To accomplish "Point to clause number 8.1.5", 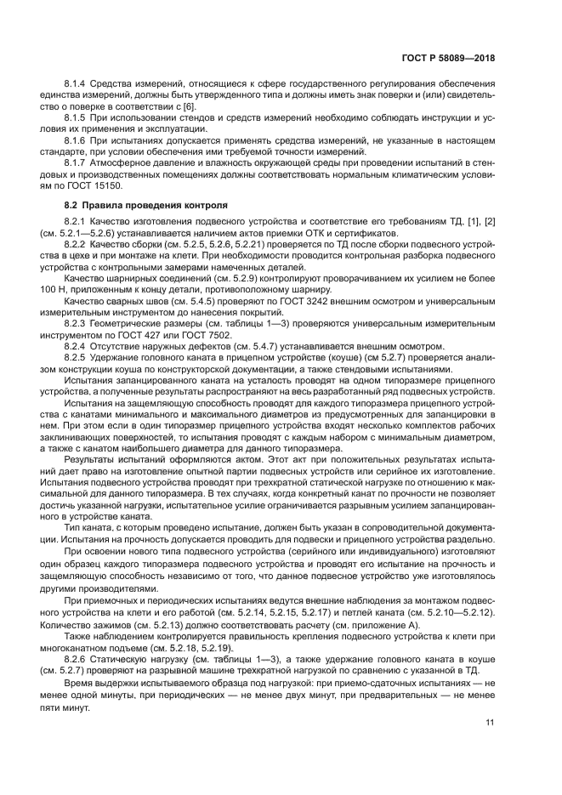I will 77,116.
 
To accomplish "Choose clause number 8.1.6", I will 77,139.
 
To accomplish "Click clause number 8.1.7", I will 77,162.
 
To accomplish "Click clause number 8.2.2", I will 77,243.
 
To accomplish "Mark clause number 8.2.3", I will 77,323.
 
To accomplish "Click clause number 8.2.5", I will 77,357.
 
